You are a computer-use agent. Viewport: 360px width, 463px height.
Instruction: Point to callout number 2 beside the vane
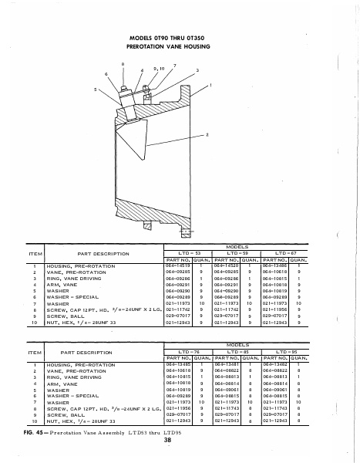[207, 135]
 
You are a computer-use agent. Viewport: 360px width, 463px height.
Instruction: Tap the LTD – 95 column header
[285, 352]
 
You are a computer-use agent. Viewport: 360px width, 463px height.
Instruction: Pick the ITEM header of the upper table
[35, 252]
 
